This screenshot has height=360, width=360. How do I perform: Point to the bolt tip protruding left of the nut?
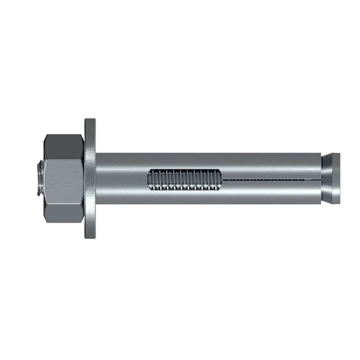pyautogui.click(x=39, y=179)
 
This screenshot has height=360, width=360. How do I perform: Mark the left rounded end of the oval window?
pyautogui.click(x=151, y=179)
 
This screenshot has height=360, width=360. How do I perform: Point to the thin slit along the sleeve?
pyautogui.click(x=270, y=179)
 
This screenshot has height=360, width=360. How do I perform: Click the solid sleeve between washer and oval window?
pyautogui.click(x=121, y=179)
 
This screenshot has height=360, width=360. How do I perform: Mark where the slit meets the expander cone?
pyautogui.click(x=319, y=179)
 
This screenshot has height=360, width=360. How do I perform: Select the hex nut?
pyautogui.click(x=64, y=179)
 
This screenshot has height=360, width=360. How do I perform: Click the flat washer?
pyautogui.click(x=90, y=179)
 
